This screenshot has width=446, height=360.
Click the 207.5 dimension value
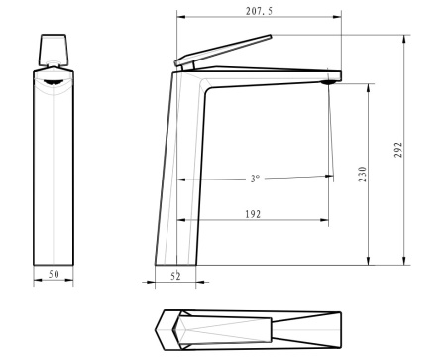259,11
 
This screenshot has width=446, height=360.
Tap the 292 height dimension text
398,150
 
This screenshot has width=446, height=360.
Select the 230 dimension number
363,174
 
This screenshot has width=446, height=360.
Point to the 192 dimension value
253,214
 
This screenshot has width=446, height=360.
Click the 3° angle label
255,179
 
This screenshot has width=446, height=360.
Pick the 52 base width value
175,276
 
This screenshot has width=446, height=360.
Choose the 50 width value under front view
54,274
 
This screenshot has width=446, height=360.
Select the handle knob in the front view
54,50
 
